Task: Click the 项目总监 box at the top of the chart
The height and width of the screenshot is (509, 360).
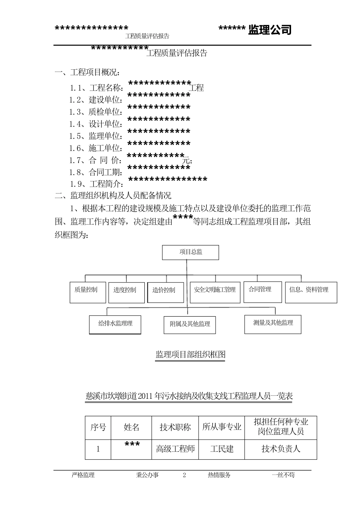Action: coord(191,252)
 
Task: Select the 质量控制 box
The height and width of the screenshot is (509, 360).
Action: coord(88,292)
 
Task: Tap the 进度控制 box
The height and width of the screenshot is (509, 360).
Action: coord(127,292)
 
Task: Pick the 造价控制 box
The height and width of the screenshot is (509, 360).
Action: coord(166,292)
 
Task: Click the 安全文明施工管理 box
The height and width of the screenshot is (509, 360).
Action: coord(215,292)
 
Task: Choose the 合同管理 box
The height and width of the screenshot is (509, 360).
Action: coord(263,292)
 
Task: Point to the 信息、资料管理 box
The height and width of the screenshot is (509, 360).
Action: coord(311,292)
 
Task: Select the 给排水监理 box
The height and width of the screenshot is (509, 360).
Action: coord(115,325)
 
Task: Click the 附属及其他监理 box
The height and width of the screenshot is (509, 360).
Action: coord(190,325)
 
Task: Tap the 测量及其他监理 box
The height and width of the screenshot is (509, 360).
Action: coord(273,324)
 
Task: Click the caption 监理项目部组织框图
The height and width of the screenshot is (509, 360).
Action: coord(190,354)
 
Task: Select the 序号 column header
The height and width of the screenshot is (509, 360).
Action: coord(98,428)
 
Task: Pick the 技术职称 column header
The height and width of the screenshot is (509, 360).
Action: coord(175,428)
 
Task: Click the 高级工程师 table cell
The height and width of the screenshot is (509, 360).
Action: coord(175,449)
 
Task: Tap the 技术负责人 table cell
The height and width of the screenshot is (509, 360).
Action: coord(281,449)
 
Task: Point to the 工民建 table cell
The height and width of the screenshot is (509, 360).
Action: coord(222,449)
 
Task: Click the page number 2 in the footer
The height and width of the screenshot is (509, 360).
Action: coord(185,475)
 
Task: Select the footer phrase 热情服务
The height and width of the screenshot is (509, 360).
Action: coord(219,475)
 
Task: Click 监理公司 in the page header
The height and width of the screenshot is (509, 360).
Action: coord(270,30)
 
